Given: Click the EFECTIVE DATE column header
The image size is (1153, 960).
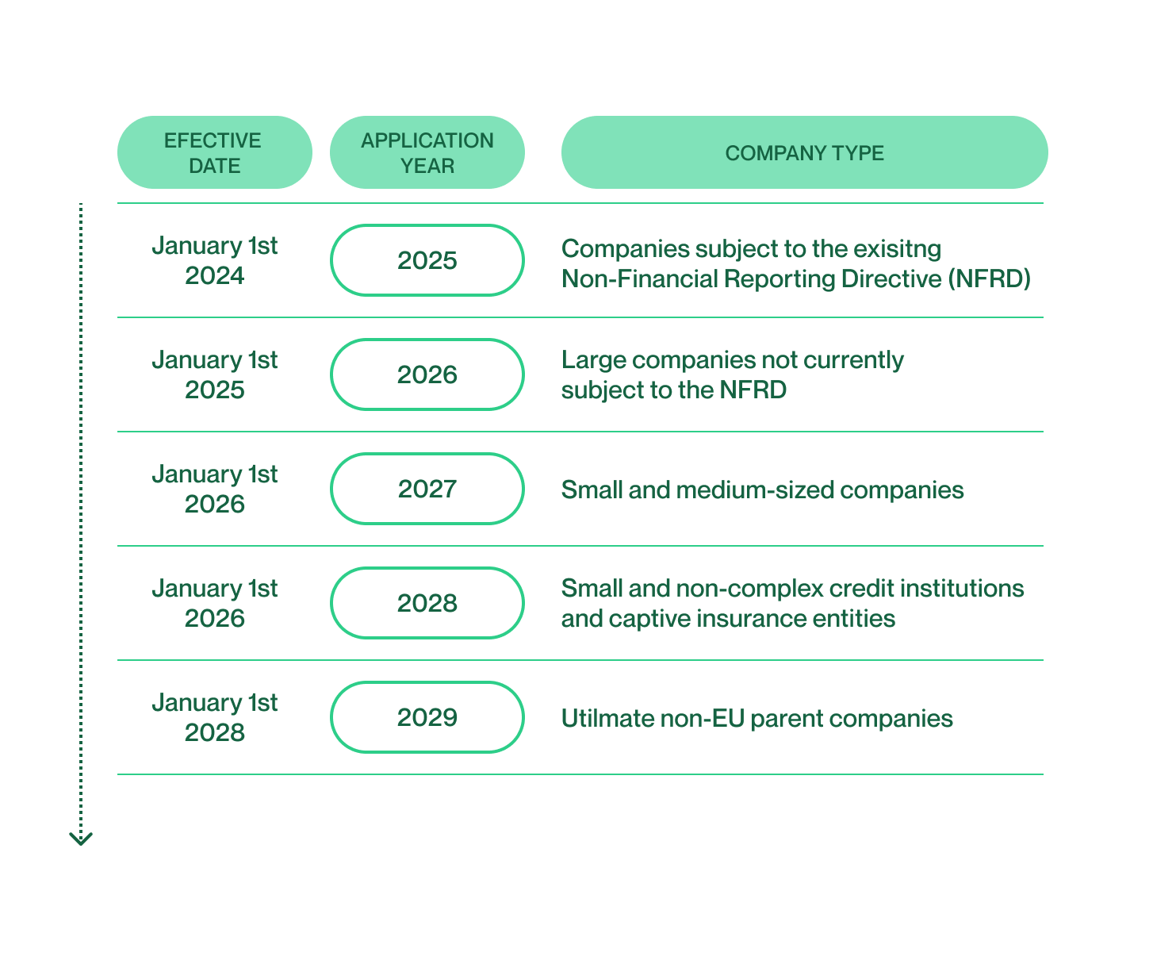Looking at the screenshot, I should point(214,152).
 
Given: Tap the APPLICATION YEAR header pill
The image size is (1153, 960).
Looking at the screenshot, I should point(427,152).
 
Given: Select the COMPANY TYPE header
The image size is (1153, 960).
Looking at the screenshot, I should point(804,152).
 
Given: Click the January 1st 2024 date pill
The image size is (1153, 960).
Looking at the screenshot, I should point(214,260).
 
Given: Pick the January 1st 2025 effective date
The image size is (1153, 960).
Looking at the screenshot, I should point(214,374).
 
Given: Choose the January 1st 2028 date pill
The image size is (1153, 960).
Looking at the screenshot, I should point(214,717).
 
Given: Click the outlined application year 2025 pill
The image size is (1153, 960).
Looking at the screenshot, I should point(427,260).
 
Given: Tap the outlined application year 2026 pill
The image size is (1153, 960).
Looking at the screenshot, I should point(427,374).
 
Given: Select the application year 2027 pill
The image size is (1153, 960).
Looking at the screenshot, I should point(427,489).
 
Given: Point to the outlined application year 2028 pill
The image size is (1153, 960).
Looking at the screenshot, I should point(427,603).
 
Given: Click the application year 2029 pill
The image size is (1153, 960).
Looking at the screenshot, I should point(427,717).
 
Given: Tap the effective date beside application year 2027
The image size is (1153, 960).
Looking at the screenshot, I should point(214,489).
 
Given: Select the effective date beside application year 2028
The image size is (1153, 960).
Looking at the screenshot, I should point(214,603).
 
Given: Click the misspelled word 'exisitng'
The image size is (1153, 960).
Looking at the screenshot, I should point(897,249).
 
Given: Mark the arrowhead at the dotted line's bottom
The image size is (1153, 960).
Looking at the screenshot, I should point(81,839).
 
